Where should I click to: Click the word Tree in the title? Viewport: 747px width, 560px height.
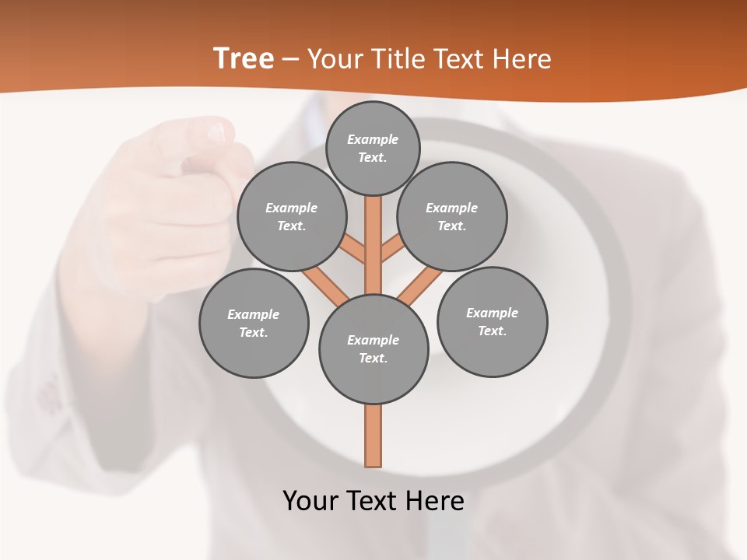click(x=244, y=59)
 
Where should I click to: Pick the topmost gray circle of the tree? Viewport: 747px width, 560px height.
click(x=373, y=148)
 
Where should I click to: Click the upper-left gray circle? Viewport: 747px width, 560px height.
click(x=292, y=216)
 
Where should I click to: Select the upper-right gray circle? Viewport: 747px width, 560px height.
click(x=452, y=216)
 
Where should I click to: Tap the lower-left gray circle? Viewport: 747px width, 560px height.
click(x=254, y=323)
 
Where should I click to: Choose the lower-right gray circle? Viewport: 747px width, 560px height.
click(x=492, y=321)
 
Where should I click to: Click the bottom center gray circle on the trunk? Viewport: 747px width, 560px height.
click(x=373, y=348)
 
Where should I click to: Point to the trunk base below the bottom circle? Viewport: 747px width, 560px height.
click(x=373, y=436)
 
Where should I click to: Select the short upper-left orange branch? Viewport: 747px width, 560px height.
click(x=352, y=250)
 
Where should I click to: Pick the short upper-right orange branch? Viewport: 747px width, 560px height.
click(x=391, y=248)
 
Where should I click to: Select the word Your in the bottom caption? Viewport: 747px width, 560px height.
click(x=310, y=500)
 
